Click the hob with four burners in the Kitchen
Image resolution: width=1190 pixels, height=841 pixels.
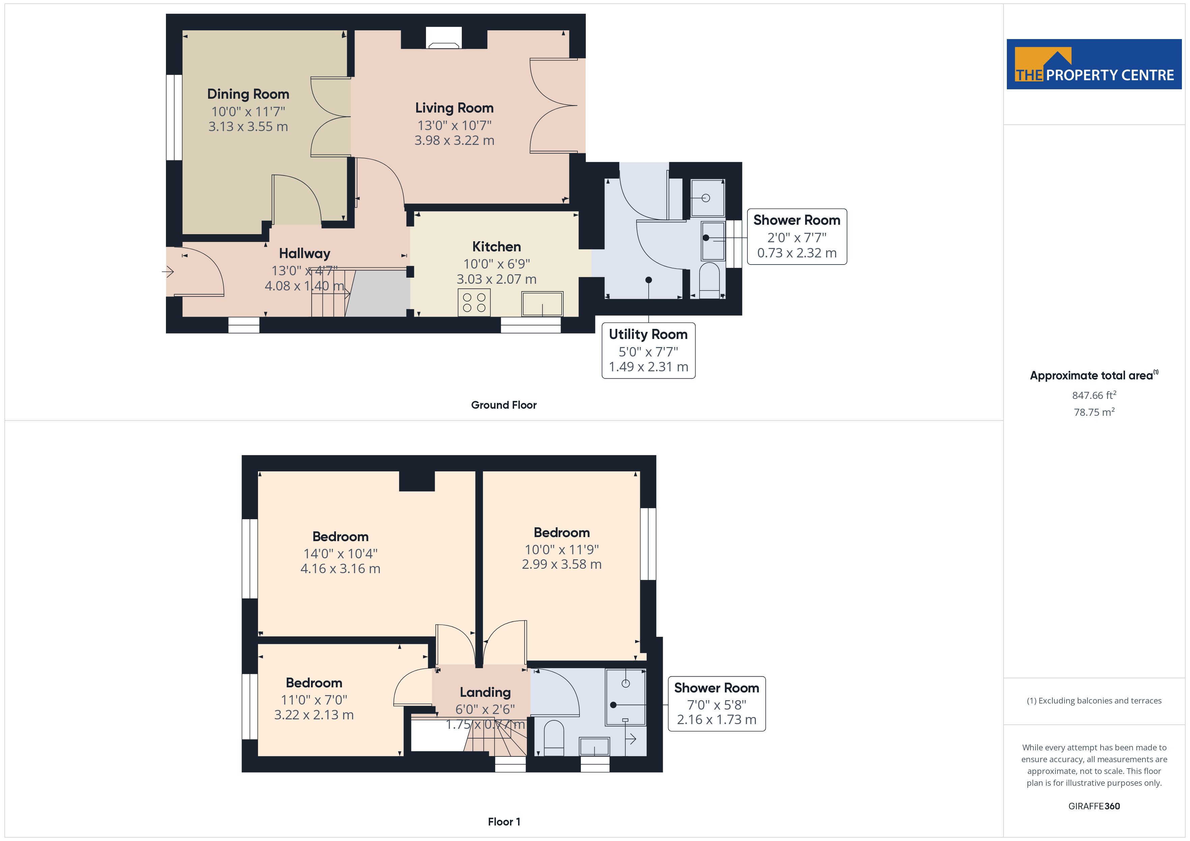click(x=474, y=303)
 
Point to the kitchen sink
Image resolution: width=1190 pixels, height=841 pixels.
click(x=542, y=304)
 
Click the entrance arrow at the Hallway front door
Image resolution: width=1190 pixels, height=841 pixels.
click(x=168, y=271)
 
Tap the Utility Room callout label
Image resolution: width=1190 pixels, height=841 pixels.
click(x=648, y=335)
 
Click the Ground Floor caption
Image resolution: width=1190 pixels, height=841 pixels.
click(x=503, y=405)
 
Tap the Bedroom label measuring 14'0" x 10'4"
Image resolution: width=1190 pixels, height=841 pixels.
click(x=341, y=536)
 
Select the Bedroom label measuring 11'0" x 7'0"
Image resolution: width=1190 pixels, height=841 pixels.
click(x=314, y=683)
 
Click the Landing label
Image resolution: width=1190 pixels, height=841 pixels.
click(x=485, y=692)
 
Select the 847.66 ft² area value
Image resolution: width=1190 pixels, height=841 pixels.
click(x=1094, y=396)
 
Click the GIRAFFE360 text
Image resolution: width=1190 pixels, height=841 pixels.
click(x=1094, y=806)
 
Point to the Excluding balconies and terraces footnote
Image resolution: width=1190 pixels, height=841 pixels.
click(x=1094, y=700)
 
